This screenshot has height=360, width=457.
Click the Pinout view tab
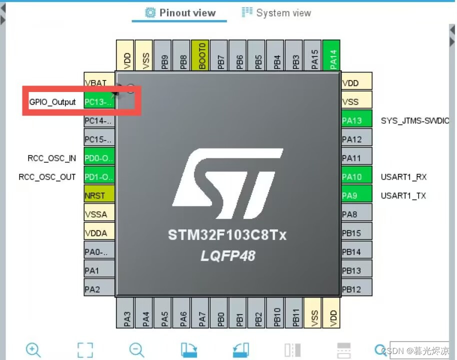point(180,13)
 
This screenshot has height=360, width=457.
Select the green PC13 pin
point(99,102)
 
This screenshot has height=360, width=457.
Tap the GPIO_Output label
point(52,102)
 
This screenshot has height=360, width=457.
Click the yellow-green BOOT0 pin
point(202,55)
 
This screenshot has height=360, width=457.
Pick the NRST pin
point(99,195)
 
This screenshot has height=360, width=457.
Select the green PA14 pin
point(333,55)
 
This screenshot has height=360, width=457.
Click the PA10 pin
point(356,177)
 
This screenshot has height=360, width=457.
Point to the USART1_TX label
point(403,195)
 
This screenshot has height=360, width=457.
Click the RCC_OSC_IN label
point(52,158)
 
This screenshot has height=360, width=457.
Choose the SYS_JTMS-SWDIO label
point(415,120)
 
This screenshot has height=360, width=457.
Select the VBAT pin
point(99,83)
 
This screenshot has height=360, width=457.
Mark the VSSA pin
point(99,214)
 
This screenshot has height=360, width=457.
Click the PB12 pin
point(356,289)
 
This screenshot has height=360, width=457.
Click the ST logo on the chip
point(227,182)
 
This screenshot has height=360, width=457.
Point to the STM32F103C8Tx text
point(227,235)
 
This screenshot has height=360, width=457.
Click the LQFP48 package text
point(227,256)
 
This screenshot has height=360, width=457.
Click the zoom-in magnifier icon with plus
point(33,349)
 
